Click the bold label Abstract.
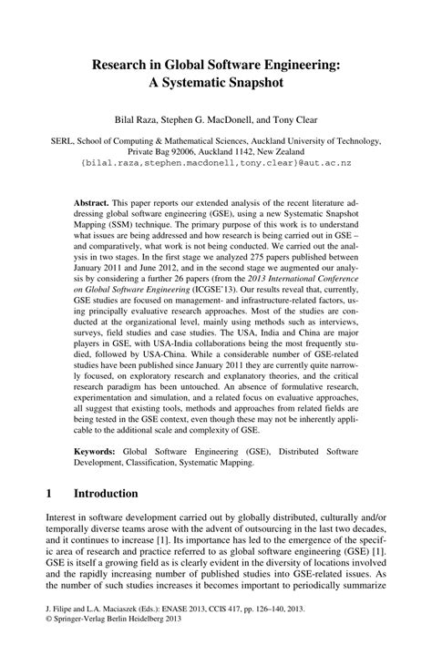coord(91,198)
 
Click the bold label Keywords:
coord(97,451)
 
